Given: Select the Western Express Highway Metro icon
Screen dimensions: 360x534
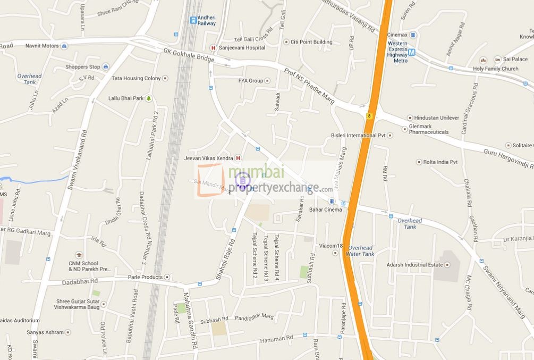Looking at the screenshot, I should pos(412,52).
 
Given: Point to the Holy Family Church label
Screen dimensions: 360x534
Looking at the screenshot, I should pos(495,69).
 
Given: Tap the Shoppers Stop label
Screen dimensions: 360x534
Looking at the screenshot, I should pos(82,67).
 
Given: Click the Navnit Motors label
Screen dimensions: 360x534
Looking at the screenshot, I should pos(42,46).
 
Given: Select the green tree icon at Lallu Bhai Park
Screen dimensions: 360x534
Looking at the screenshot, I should pos(148,98).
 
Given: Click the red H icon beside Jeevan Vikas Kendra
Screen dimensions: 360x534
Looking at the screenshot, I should pos(238,158).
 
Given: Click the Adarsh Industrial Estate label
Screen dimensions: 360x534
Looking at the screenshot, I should pos(414,265).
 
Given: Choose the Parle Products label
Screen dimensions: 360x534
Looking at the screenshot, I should pos(145,278).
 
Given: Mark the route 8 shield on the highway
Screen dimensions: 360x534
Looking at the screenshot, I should pos(369,115).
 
